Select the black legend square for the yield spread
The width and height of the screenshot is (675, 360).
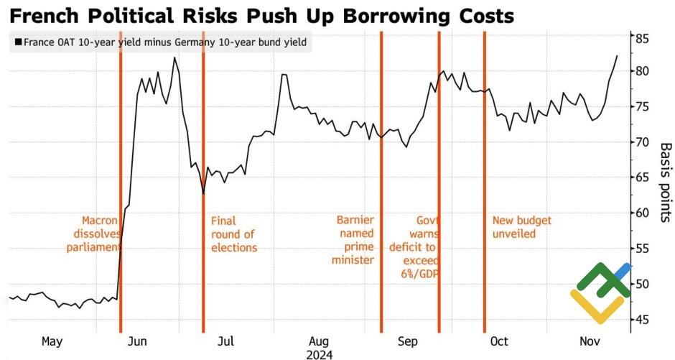(17, 42)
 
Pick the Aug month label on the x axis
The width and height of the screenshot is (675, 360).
(319, 341)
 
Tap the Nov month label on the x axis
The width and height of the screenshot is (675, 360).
(590, 341)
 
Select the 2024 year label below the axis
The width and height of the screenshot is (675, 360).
(319, 354)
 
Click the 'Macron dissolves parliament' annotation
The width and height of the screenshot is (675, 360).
(91, 234)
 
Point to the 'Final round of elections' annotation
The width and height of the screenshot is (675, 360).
(233, 234)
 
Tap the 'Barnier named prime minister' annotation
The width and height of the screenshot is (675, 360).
(353, 240)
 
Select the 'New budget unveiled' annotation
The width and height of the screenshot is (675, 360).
(523, 227)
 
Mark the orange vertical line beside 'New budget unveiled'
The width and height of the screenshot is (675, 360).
(485, 180)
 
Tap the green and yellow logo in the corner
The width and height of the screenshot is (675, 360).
(600, 292)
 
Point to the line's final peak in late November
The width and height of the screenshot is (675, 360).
(617, 56)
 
